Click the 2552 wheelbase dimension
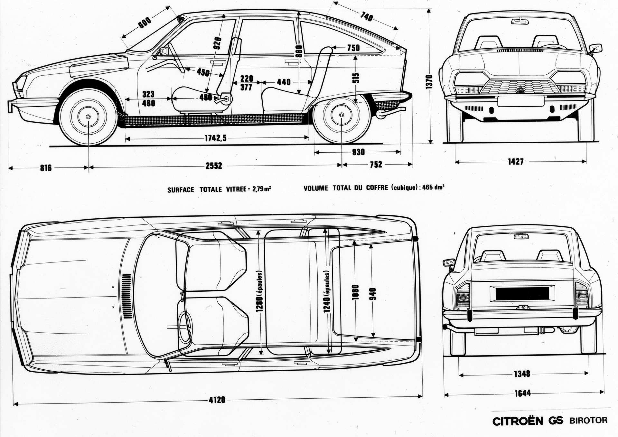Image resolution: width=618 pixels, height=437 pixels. point(214,166)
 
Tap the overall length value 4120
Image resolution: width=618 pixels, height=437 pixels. point(217,400)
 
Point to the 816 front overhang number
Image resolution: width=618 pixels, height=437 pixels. point(46,168)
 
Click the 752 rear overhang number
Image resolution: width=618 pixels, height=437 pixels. point(376,165)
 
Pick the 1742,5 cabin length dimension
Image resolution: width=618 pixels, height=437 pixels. point(216,138)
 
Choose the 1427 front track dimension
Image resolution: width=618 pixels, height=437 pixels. point(516,162)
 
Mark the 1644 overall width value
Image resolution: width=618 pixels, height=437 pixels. point(522,393)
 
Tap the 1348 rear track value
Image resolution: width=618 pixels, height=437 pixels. point(522,374)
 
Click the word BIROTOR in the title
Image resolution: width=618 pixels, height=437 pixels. point(588,420)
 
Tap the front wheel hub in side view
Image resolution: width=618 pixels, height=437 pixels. point(88,117)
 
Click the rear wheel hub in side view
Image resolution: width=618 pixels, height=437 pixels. point(342,115)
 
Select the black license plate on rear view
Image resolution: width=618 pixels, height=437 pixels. point(522,293)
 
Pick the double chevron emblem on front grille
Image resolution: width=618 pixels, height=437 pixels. point(520,89)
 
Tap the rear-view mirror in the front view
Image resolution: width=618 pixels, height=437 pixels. point(520,22)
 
